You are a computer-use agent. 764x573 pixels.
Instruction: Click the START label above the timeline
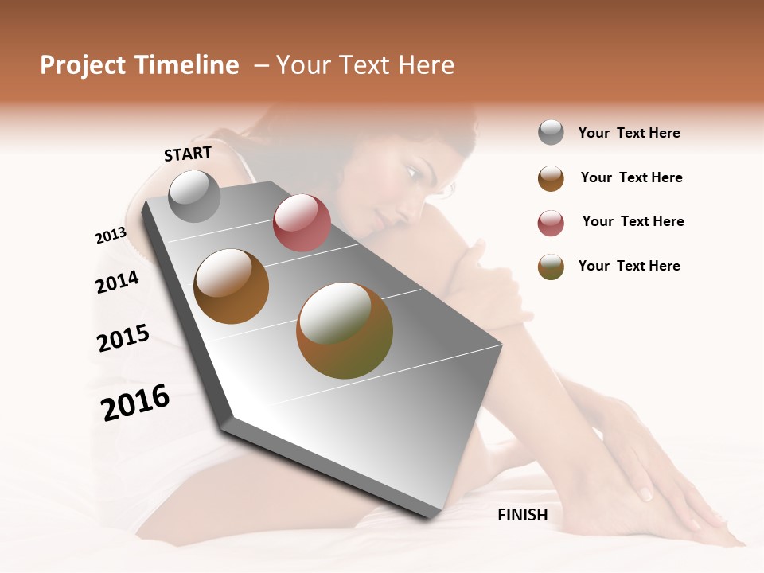click(x=188, y=153)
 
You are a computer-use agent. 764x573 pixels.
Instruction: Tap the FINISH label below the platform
click(x=522, y=515)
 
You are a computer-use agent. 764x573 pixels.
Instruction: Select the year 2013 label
click(x=111, y=236)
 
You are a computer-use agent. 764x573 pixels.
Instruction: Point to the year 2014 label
click(x=117, y=282)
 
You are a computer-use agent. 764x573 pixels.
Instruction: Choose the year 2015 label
click(x=123, y=338)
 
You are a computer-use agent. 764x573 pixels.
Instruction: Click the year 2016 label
click(x=135, y=402)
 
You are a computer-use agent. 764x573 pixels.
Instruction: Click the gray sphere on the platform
click(x=195, y=196)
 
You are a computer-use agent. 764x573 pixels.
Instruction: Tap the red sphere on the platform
click(x=302, y=223)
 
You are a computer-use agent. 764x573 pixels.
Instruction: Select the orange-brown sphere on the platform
click(x=232, y=286)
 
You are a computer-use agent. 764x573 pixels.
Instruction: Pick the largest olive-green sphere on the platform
click(x=345, y=330)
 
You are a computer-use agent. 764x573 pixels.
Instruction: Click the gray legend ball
click(x=551, y=133)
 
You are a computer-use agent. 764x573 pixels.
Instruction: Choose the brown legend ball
click(x=551, y=178)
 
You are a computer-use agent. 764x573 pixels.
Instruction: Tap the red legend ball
click(x=551, y=223)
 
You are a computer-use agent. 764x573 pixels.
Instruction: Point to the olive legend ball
click(x=551, y=267)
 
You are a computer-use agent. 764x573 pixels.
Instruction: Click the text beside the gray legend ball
click(x=629, y=134)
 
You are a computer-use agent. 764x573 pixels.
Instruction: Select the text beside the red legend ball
click(x=633, y=221)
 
